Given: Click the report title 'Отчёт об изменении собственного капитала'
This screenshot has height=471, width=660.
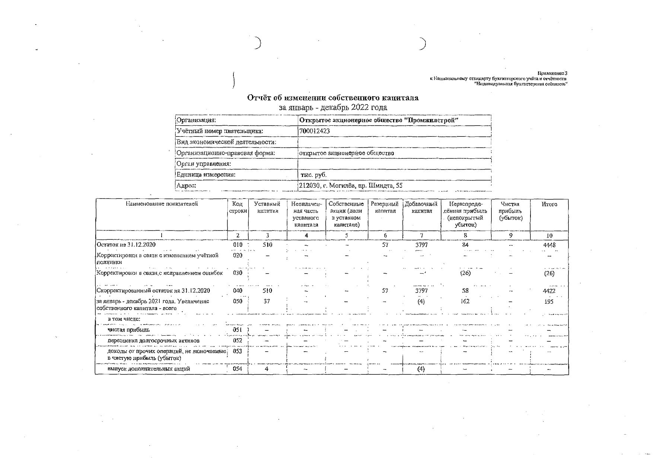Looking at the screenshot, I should [333, 98].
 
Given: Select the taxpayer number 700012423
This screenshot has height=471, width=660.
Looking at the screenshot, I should [314, 131].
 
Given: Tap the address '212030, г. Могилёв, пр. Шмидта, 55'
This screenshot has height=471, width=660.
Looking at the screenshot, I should [350, 186].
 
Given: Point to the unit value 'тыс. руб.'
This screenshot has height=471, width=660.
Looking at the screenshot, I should [314, 175].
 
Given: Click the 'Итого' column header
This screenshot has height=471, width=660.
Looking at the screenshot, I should [549, 204].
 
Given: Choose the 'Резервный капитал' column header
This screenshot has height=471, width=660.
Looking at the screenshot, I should [385, 207].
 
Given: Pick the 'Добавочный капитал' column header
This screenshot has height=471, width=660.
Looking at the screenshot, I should [421, 207].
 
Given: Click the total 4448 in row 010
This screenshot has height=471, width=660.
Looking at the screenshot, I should [549, 245].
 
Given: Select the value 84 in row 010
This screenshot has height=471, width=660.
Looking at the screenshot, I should [465, 245].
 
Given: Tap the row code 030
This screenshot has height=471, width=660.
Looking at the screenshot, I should [237, 273].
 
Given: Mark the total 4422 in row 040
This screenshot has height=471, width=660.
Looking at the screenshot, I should [549, 291].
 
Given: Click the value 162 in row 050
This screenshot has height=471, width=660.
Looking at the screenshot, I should [465, 301].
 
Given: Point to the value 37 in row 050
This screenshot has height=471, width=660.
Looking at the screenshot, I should [267, 301].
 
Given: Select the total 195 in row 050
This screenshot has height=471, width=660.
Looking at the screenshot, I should [549, 302].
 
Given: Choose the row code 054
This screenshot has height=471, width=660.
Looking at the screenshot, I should [237, 369].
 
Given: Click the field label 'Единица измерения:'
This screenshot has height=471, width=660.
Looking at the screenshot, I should [206, 175].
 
